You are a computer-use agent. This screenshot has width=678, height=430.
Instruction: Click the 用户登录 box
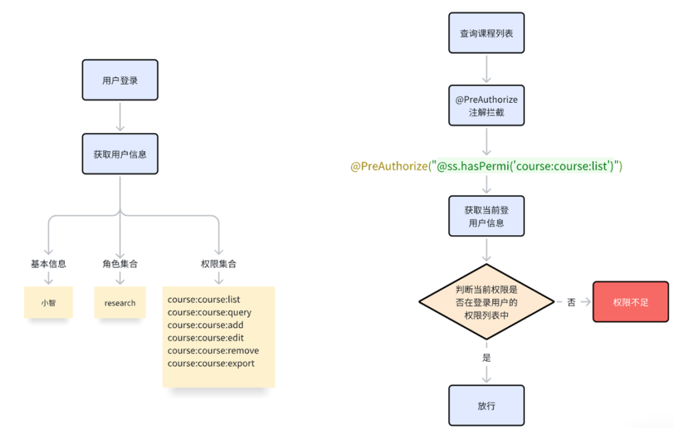120,80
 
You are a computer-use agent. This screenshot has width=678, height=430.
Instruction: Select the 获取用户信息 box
120,154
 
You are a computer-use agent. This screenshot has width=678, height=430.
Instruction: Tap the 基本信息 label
48,264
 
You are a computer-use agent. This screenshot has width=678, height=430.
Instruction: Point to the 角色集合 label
120,264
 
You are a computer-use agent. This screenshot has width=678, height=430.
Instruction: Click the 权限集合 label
218,264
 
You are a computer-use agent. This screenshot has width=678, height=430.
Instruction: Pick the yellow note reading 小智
48,303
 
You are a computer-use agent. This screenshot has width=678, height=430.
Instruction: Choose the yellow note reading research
120,303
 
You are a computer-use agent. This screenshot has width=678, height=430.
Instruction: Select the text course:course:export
211,363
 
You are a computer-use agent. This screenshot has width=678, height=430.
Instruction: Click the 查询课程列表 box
486,33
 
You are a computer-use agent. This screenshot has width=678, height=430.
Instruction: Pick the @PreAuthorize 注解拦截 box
486,106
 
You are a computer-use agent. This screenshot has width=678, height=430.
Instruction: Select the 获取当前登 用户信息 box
486,216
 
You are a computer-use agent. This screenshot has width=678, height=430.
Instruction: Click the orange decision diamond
486,302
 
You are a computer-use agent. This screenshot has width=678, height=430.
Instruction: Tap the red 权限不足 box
630,302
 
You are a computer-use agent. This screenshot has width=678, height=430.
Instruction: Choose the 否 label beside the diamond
571,302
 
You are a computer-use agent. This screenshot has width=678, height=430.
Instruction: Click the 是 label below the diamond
487,357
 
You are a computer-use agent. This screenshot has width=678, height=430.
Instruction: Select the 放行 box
486,405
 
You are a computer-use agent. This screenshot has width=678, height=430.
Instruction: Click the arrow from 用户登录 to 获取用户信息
120,117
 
